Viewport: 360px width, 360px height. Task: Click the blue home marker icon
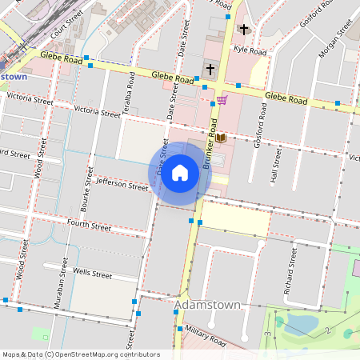tap(180, 172)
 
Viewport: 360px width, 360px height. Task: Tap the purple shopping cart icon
tap(222, 100)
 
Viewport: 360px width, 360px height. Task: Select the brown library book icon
tap(221, 138)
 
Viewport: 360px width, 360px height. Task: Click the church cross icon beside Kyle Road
tap(243, 30)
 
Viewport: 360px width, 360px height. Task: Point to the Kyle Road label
tap(249, 50)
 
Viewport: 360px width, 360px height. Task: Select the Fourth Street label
tap(89, 226)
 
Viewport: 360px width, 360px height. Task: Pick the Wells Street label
tap(91, 274)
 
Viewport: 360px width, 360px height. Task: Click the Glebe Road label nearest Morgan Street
tap(286, 98)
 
